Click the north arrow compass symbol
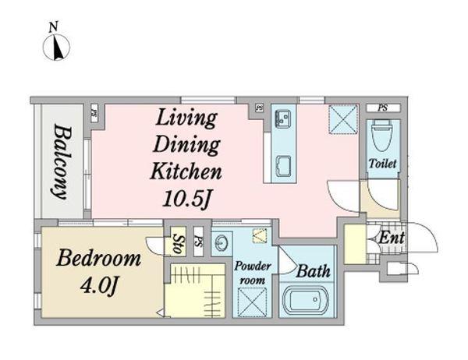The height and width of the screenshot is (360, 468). point(56,47)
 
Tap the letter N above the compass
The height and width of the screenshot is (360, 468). point(53,26)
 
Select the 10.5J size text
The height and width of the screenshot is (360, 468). point(187,198)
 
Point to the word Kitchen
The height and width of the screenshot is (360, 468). point(186,171)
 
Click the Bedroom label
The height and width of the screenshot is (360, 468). point(98,258)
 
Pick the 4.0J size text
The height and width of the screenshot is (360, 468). point(99,285)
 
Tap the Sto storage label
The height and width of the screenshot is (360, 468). point(178,243)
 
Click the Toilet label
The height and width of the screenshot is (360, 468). point(382,164)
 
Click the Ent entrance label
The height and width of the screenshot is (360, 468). point(392,238)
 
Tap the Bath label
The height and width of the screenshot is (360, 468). point(313,271)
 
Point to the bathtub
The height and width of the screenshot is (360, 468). point(305,300)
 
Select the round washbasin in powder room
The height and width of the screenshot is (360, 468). point(222,243)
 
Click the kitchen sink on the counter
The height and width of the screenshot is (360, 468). point(282,118)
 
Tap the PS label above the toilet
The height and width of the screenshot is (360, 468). point(382,108)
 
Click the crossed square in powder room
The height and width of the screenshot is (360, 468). point(252,302)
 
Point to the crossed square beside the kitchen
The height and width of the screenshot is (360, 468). point(343,119)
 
